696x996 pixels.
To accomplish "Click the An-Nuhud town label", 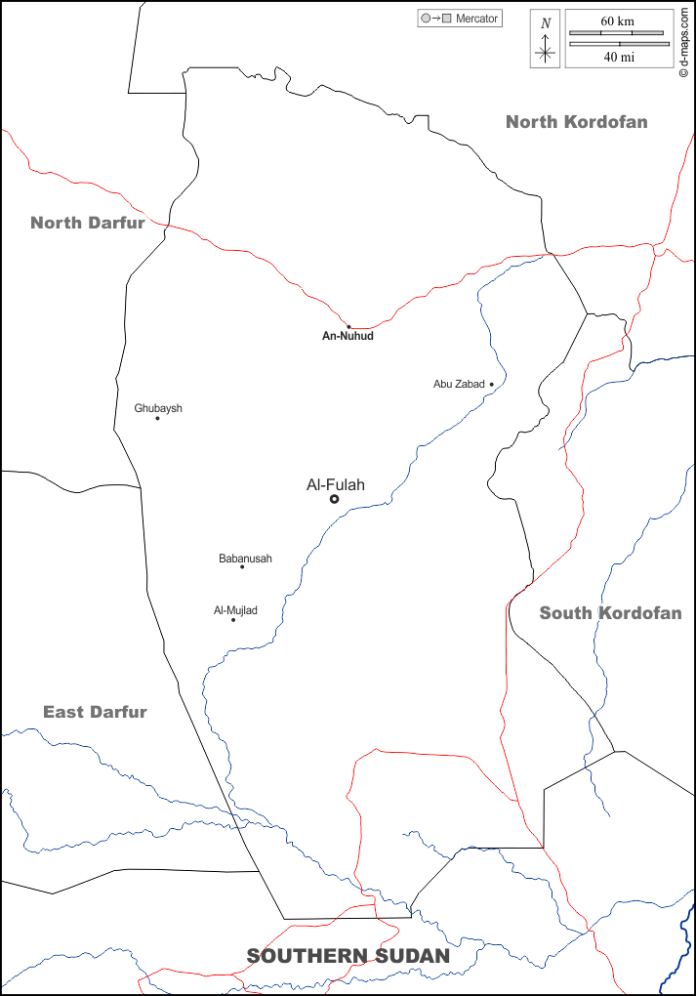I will click(348, 336).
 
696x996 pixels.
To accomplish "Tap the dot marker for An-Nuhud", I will click(348, 326).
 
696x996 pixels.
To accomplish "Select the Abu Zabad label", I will click(459, 385).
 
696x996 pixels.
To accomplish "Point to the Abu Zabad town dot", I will click(491, 385).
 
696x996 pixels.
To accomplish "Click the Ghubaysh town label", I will click(158, 408).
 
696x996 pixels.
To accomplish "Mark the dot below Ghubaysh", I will click(157, 418).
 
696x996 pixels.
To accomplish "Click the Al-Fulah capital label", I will click(336, 484).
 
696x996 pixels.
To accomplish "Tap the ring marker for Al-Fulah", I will click(334, 499).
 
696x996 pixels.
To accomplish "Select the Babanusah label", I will click(245, 559).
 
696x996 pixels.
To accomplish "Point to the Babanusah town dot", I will click(242, 567).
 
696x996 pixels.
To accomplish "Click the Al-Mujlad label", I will click(235, 610).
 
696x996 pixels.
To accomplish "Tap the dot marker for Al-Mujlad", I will click(232, 620).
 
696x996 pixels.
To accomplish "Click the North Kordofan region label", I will click(576, 122).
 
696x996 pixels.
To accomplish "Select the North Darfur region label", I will click(88, 223).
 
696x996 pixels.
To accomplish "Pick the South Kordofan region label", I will click(610, 613).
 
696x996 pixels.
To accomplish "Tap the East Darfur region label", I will click(95, 712).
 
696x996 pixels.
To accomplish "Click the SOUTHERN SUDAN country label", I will click(348, 956).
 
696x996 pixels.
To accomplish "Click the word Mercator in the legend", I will click(477, 19).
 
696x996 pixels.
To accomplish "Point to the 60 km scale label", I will click(618, 21).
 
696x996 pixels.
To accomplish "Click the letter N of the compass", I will click(546, 23).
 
